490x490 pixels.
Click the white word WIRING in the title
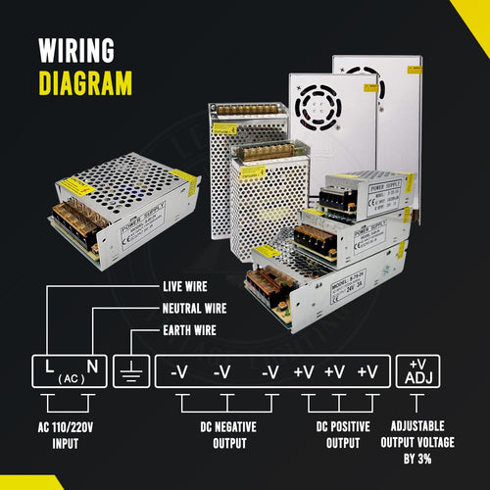[76, 50]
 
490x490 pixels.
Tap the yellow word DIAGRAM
[85, 82]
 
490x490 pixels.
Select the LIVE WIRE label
[187, 287]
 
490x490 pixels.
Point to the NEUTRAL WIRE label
[196, 308]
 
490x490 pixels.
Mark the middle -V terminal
[224, 372]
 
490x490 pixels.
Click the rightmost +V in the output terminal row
[367, 372]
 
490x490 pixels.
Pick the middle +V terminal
[336, 372]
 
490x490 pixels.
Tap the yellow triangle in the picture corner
[474, 14]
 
